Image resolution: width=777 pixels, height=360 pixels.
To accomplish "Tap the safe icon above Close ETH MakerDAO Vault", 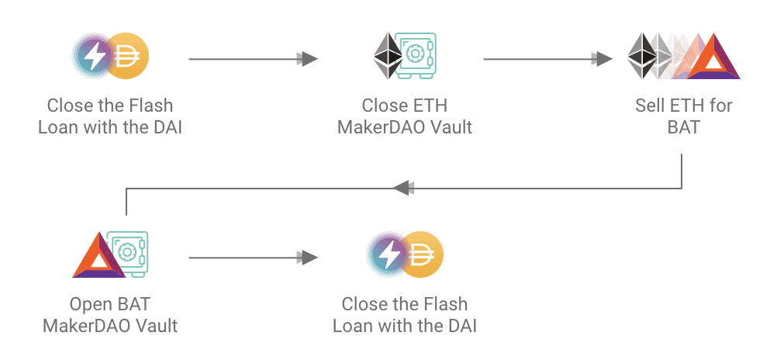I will click(417, 55).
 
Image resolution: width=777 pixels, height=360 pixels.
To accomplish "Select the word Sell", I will click(649, 106).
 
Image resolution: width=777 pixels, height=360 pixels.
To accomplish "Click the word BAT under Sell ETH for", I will click(683, 126).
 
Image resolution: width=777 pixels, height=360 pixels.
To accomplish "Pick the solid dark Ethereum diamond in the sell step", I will click(641, 56).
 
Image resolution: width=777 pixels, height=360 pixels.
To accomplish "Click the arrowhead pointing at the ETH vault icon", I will click(309, 59).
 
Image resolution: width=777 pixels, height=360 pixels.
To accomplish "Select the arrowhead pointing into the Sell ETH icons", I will click(603, 59).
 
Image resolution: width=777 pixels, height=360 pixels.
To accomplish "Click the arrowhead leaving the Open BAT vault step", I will click(309, 258).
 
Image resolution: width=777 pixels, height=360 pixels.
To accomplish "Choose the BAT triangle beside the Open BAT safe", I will click(98, 255).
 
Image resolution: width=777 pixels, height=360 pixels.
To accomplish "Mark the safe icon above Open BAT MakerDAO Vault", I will click(127, 252).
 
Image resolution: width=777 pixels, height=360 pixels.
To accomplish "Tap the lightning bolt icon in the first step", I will click(95, 55).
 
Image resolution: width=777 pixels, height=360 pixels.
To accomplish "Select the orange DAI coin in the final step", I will click(421, 254).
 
